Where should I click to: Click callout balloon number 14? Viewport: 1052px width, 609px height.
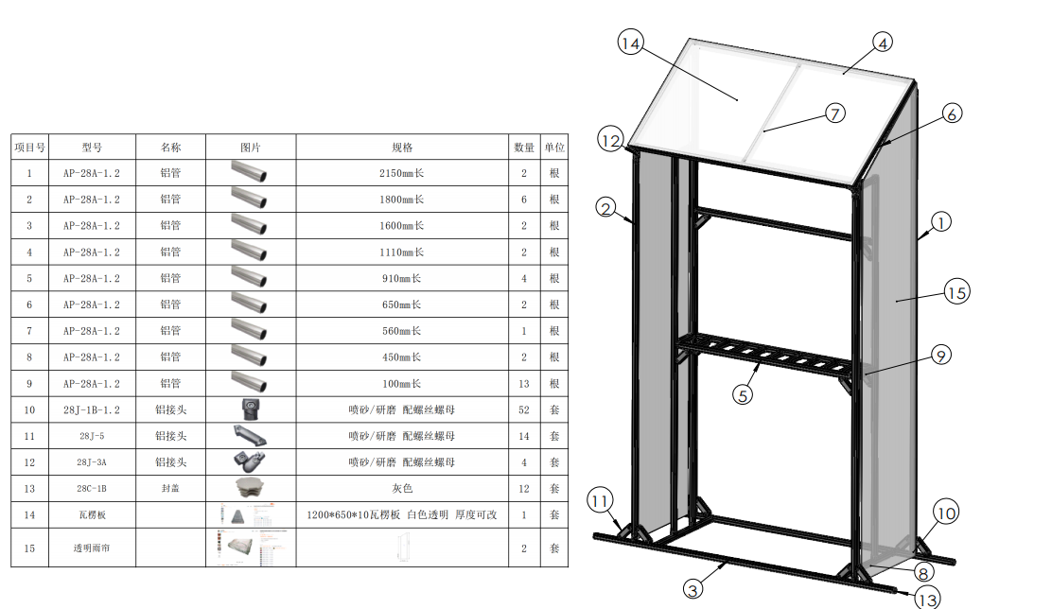(x=631, y=43)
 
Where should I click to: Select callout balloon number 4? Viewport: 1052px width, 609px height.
(x=882, y=43)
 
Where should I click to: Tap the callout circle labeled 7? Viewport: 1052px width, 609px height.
(x=834, y=113)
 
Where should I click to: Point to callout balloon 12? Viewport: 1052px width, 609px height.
(x=611, y=141)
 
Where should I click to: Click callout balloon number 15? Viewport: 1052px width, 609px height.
(x=956, y=293)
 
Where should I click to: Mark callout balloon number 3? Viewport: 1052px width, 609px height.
(x=693, y=589)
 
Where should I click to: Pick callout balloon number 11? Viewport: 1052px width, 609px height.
(x=601, y=500)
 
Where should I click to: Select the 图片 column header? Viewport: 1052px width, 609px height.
(x=251, y=147)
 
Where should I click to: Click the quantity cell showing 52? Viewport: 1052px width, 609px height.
(x=524, y=409)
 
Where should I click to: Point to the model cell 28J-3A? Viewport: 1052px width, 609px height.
(x=92, y=462)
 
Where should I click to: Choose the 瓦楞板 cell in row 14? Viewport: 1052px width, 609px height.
(x=92, y=515)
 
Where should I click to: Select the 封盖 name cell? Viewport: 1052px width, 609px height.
(x=170, y=489)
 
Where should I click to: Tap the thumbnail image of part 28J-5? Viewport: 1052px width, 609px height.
(x=251, y=436)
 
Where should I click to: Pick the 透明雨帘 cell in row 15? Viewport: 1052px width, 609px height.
(x=92, y=548)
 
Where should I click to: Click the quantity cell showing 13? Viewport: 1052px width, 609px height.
(x=524, y=384)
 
